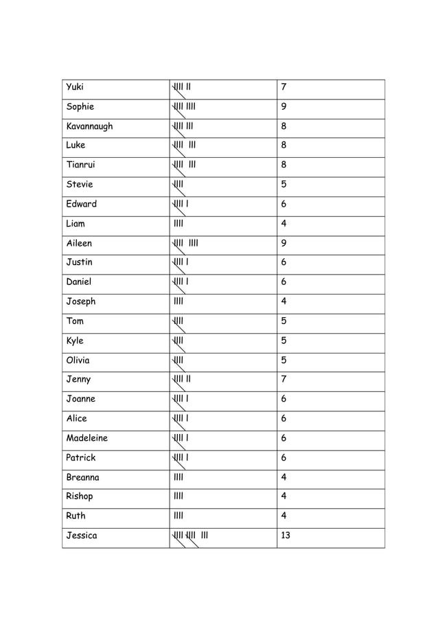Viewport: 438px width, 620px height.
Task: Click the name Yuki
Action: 74,87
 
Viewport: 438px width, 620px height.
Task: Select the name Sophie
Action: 80,106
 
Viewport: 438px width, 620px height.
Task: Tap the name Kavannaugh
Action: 89,126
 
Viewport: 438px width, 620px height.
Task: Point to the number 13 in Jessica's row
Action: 286,536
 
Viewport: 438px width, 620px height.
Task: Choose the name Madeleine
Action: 87,438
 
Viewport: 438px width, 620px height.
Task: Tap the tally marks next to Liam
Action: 178,223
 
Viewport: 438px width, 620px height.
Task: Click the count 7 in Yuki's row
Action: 284,87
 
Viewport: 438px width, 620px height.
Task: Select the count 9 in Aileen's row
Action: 284,243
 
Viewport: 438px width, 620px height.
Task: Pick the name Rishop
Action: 80,496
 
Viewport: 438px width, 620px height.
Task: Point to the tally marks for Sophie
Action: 185,106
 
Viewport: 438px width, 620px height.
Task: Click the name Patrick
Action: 81,457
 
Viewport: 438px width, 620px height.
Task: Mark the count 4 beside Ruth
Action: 284,516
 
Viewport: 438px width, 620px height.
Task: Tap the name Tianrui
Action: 80,165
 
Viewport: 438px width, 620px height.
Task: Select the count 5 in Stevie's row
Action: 284,184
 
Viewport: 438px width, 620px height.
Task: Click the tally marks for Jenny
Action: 183,379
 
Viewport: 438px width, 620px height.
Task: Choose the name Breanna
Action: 82,477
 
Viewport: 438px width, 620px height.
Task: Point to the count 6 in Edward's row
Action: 284,204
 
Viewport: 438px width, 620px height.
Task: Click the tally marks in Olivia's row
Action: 178,360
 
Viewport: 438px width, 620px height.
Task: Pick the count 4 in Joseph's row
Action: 284,301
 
